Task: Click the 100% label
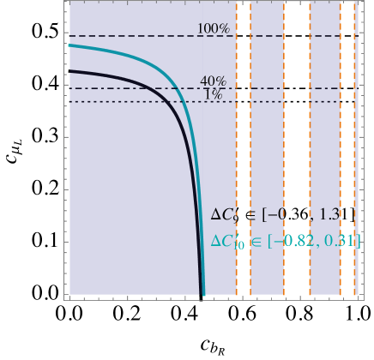[213, 29]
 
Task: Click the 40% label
[213, 81]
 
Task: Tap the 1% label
[213, 94]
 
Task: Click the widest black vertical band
[297, 146]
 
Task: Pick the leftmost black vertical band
[244, 146]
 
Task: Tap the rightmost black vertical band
[347, 146]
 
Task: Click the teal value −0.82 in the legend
[296, 242]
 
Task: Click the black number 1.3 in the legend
[330, 214]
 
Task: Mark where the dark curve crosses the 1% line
[169, 102]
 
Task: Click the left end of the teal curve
[69, 45]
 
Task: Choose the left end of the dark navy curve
[69, 71]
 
